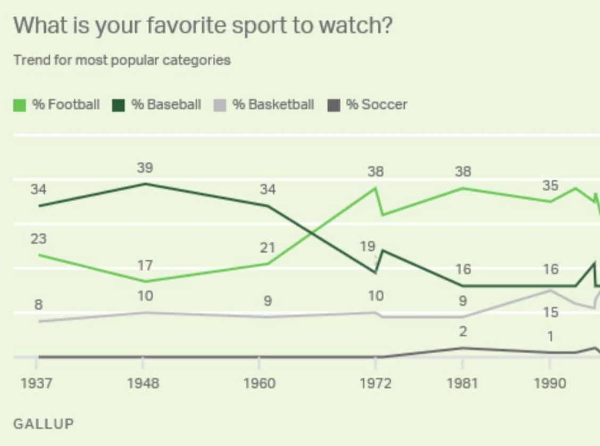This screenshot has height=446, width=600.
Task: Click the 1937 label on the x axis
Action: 37,384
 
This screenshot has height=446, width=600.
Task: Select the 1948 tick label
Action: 143,384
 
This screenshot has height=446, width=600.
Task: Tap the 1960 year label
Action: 259,384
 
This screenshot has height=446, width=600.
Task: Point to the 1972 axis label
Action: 376,384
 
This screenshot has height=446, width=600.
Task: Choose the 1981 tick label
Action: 463,384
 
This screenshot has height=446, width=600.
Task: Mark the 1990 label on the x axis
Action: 550,384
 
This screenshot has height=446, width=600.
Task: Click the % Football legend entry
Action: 56,104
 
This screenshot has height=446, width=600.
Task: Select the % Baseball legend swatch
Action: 118,105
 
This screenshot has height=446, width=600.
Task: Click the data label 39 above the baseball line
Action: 145,168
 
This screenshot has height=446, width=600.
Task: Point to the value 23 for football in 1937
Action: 38,239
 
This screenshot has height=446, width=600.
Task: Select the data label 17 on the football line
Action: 145,265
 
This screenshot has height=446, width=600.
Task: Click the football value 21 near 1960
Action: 268,247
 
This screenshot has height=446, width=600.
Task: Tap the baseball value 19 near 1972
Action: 367,246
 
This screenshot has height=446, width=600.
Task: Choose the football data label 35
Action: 551,186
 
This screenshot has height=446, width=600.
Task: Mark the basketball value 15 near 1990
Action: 551,312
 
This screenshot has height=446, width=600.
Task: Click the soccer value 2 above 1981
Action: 463,332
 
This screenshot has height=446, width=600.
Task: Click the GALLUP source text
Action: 44,424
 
